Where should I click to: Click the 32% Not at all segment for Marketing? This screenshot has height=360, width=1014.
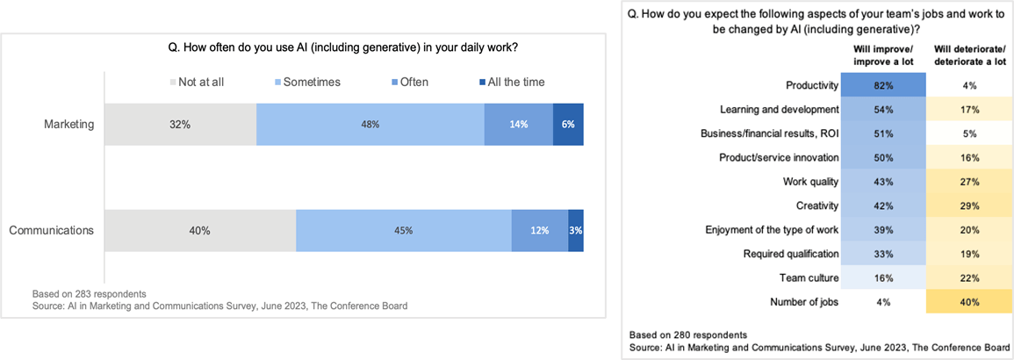point(180,124)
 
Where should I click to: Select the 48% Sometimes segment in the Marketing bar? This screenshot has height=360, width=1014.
point(370,124)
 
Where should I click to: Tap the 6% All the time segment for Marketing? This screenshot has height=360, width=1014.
point(568,124)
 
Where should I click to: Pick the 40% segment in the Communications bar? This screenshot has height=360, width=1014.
point(200,231)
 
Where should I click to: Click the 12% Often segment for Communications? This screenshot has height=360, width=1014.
point(540,231)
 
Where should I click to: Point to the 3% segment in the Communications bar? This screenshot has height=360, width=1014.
point(576,231)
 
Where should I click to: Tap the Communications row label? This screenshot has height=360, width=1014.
point(52,231)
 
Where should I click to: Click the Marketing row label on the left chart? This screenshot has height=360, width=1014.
point(69,124)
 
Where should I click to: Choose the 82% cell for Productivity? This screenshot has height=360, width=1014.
point(883,86)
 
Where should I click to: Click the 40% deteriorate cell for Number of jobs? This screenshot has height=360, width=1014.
point(968,302)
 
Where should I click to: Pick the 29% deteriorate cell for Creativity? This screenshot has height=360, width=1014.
point(968,205)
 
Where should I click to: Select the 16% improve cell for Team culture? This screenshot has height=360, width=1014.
point(883,277)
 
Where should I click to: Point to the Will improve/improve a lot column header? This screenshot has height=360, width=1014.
point(883,55)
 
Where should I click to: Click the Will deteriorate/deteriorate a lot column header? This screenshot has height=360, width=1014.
point(968,55)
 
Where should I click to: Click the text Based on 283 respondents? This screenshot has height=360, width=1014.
point(89,293)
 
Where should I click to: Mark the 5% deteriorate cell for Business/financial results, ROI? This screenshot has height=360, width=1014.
point(968,133)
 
